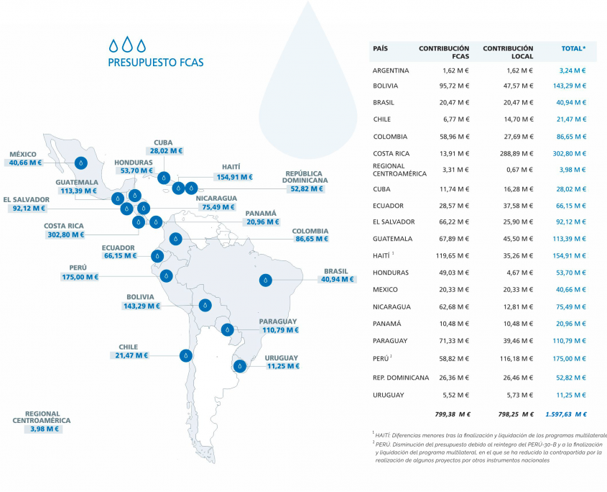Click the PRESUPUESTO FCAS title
tap(155, 63)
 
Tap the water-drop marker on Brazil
tap(267, 279)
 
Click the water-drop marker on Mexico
tap(80, 163)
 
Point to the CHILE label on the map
tap(128, 347)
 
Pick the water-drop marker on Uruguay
tap(241, 365)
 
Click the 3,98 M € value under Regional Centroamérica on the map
tap(42, 429)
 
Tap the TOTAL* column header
tap(573, 48)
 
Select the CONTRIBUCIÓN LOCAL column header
tap(508, 52)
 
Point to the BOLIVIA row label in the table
tap(385, 86)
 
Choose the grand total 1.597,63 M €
tap(565, 414)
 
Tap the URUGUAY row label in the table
tap(388, 395)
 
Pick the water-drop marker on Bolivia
tap(205, 306)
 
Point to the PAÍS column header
tap(381, 48)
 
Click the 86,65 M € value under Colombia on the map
tap(311, 238)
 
